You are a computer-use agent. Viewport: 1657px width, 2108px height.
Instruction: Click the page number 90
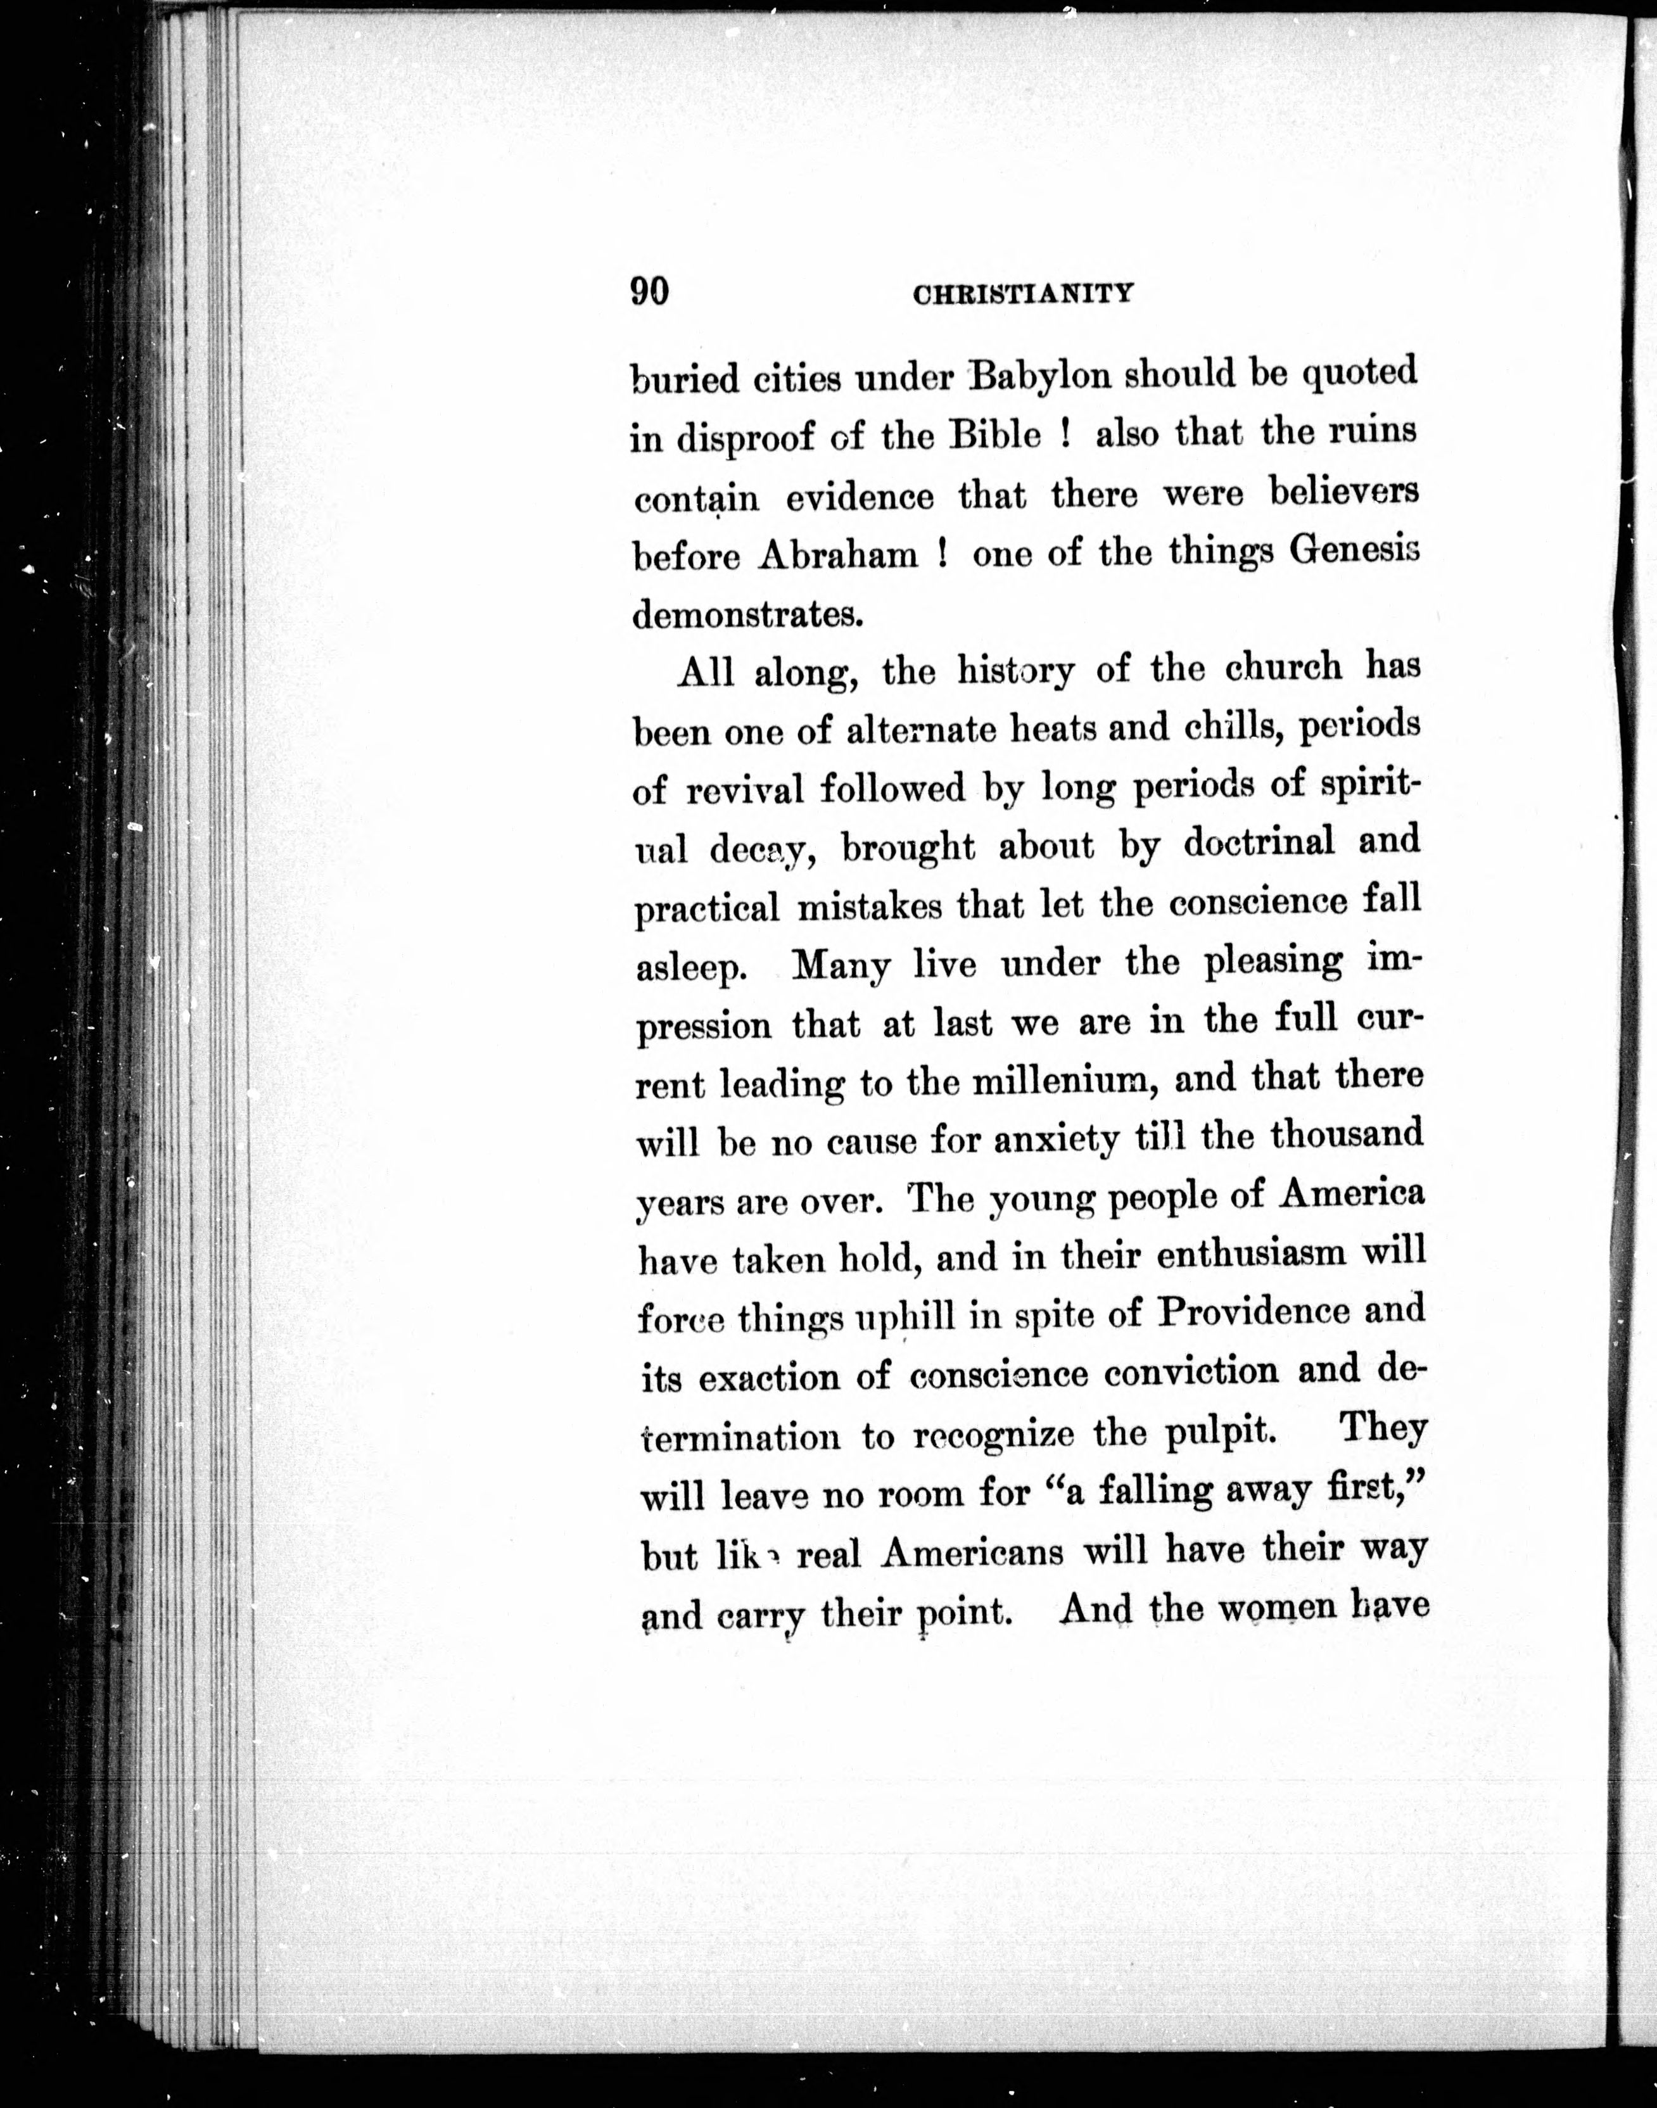(650, 291)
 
